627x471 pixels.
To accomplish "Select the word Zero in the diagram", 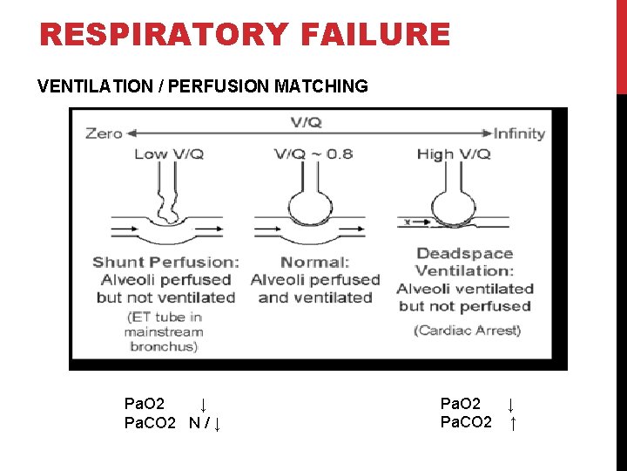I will click(104, 133).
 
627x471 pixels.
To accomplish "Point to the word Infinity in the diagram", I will click(519, 133).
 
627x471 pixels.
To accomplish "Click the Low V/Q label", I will click(169, 154).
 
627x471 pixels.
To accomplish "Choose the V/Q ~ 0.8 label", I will click(313, 154).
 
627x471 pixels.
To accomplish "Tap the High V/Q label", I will click(454, 154).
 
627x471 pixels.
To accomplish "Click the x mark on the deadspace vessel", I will click(406, 222).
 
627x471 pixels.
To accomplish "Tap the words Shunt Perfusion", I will click(165, 262).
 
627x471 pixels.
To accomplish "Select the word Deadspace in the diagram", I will click(464, 254).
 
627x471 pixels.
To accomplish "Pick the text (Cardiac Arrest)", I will click(467, 330).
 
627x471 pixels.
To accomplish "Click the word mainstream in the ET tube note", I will click(164, 331).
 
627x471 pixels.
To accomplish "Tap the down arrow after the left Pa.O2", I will click(202, 405).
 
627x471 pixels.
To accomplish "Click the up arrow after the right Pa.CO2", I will click(513, 424).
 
